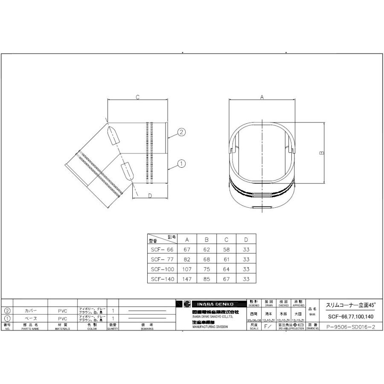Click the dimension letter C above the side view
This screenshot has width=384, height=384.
pos(137,97)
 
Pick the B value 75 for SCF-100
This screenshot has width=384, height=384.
pos(206,269)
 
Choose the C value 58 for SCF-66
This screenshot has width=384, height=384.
pos(226,249)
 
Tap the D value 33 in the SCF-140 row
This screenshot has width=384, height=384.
pos(246,279)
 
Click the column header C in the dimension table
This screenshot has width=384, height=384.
pos(226,239)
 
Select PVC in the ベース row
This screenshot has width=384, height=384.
pos(62,319)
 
